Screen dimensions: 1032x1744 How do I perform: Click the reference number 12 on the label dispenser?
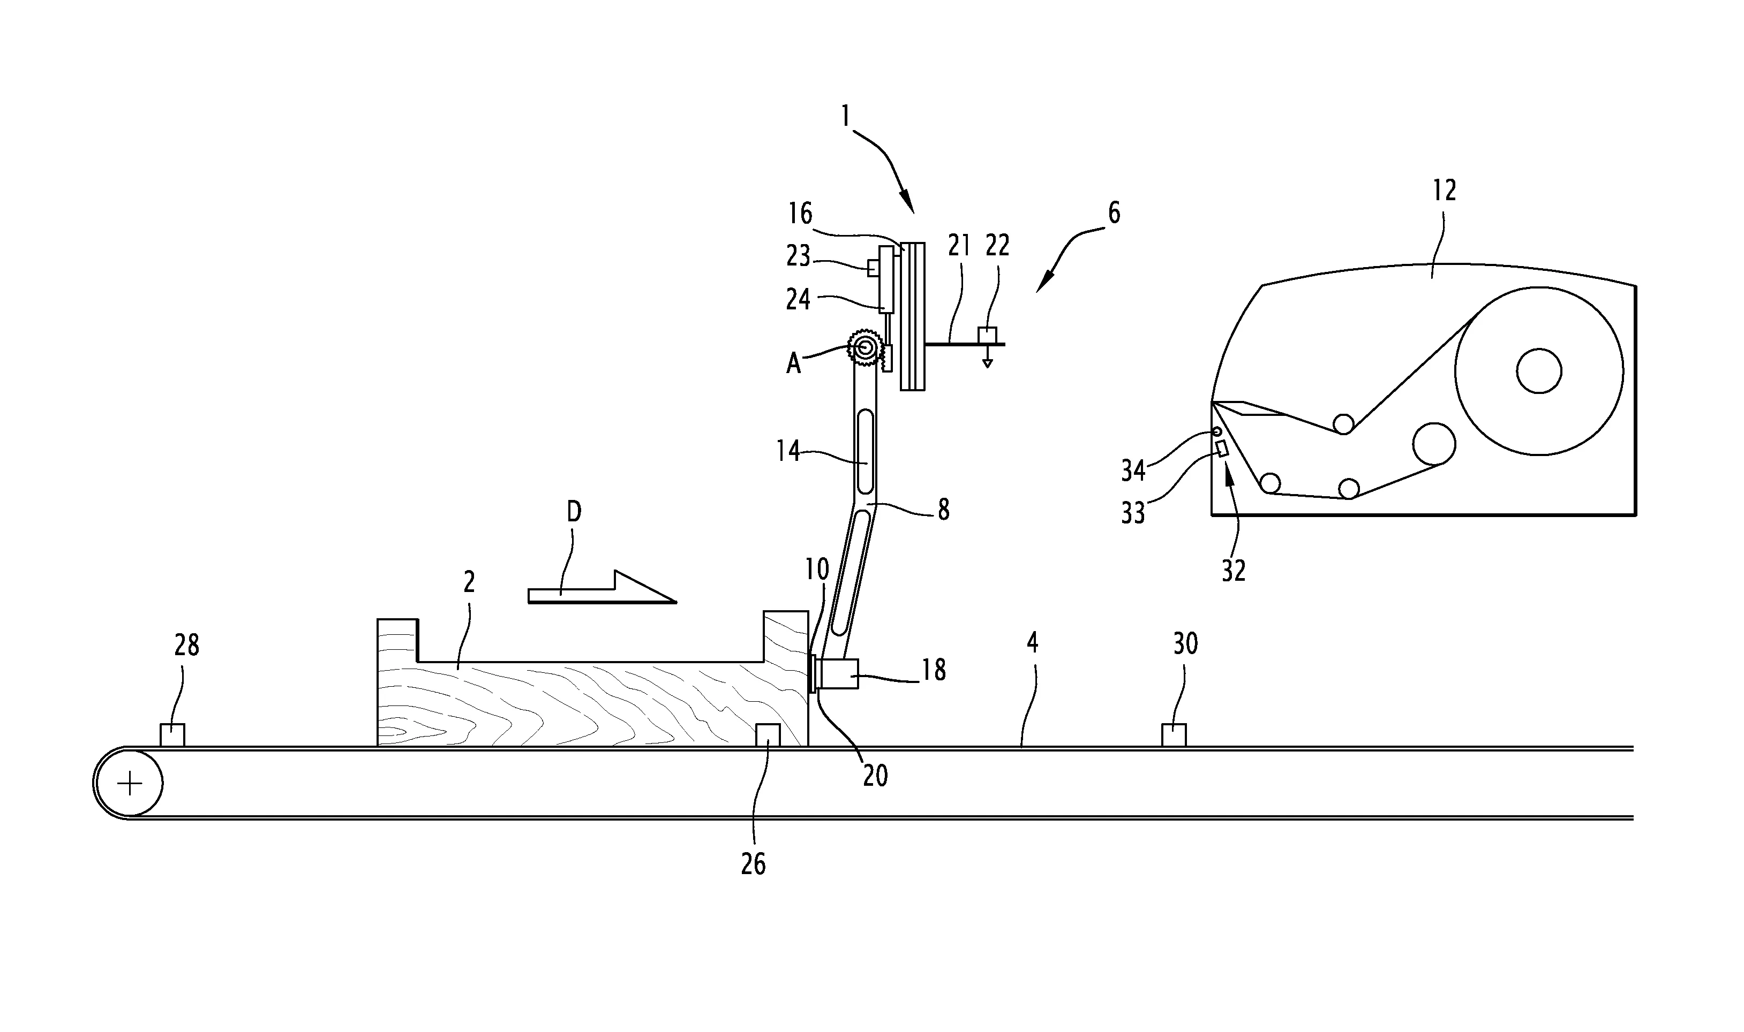[1444, 190]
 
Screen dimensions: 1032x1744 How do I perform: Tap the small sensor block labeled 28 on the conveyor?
[172, 735]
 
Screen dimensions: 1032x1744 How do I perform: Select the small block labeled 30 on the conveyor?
[1174, 735]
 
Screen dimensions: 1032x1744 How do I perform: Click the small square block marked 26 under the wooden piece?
[768, 735]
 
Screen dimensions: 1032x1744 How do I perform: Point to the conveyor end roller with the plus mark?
[130, 784]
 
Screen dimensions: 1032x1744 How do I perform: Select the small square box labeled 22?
[987, 335]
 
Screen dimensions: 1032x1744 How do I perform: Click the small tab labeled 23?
[873, 267]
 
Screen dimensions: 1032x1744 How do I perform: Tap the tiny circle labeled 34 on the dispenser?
[1217, 432]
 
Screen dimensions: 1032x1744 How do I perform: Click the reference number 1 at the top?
[845, 116]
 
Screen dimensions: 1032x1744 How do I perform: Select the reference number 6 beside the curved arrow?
[1114, 213]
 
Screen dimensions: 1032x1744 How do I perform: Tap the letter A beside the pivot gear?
[793, 363]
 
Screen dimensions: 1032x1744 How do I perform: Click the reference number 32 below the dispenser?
[1234, 571]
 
